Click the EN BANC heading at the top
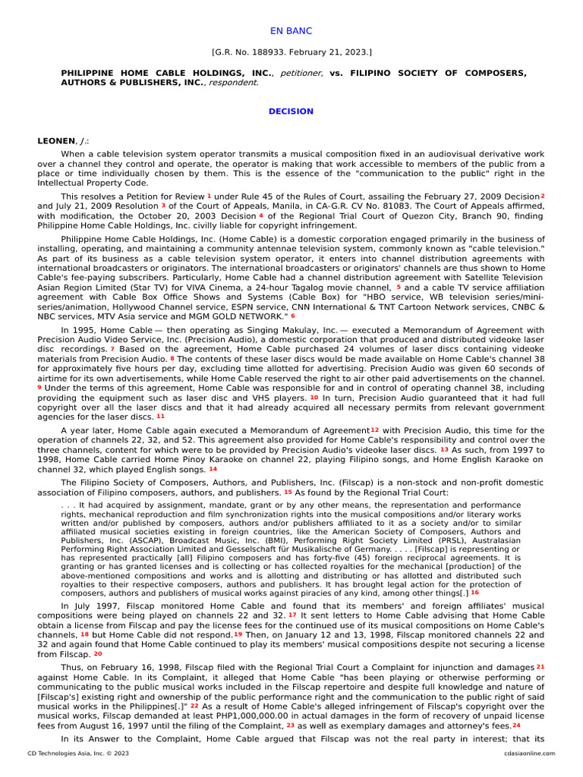pos(291,31)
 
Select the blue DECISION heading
pos(291,112)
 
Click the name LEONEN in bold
pos(56,141)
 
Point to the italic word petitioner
pos(302,73)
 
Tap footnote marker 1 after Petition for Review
pos(210,196)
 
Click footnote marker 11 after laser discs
pos(160,417)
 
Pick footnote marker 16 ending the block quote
pos(474,592)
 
